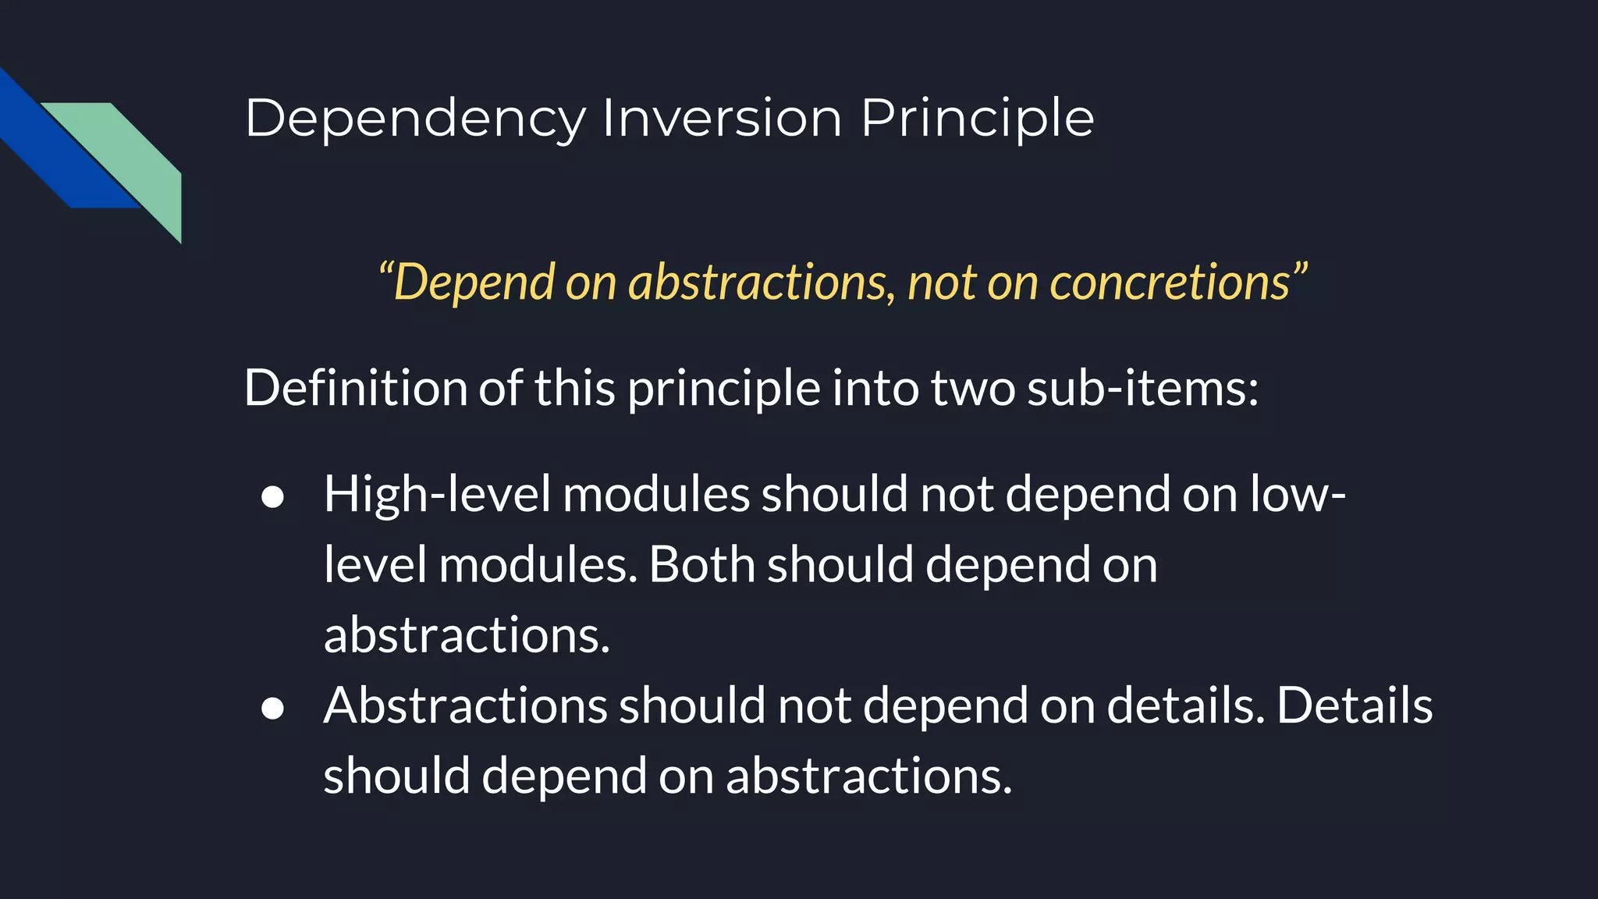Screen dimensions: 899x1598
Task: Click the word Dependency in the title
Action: (x=415, y=119)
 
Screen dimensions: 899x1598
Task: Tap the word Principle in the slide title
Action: (x=978, y=119)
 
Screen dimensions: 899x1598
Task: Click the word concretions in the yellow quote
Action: (x=1170, y=282)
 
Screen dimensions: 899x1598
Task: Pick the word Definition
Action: (x=355, y=388)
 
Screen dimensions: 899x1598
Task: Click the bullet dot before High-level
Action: (x=272, y=497)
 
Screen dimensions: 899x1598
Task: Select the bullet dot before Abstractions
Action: (x=272, y=708)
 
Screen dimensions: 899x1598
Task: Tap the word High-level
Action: (x=437, y=495)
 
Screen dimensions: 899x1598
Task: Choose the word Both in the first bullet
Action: (x=701, y=565)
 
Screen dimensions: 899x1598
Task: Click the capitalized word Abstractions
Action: (x=465, y=705)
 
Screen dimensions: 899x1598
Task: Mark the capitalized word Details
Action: (x=1355, y=705)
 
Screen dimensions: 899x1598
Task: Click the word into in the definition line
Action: (x=875, y=388)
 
